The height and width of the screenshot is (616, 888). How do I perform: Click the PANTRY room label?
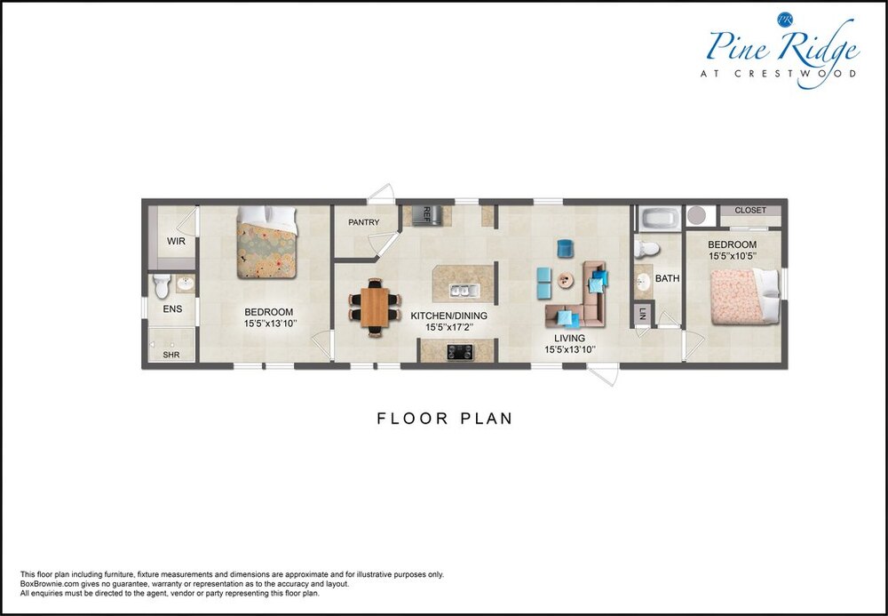(x=363, y=222)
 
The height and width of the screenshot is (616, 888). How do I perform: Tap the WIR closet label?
(x=176, y=242)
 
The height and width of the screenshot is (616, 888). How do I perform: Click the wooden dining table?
(x=375, y=308)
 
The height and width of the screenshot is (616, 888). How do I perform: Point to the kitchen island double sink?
(x=464, y=291)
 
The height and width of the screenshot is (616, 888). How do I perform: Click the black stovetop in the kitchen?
(x=460, y=352)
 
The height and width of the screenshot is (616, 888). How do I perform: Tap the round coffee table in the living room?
(x=565, y=280)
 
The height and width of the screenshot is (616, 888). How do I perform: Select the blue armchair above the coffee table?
(x=565, y=248)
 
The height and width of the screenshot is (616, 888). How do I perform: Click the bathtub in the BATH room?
(x=660, y=219)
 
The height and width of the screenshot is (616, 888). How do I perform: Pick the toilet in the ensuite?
(x=162, y=286)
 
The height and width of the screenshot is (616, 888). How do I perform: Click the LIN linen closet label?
(x=642, y=314)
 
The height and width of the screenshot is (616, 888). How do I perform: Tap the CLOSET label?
(x=750, y=211)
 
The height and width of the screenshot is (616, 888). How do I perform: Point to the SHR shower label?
(x=171, y=355)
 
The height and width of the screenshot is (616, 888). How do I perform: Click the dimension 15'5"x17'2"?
(x=449, y=327)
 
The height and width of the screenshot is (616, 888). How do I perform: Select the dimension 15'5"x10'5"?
(x=733, y=256)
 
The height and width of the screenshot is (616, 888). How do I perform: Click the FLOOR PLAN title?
(x=445, y=419)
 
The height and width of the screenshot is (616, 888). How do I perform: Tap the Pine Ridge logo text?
(x=783, y=46)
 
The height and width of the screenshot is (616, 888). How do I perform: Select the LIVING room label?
(x=569, y=339)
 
